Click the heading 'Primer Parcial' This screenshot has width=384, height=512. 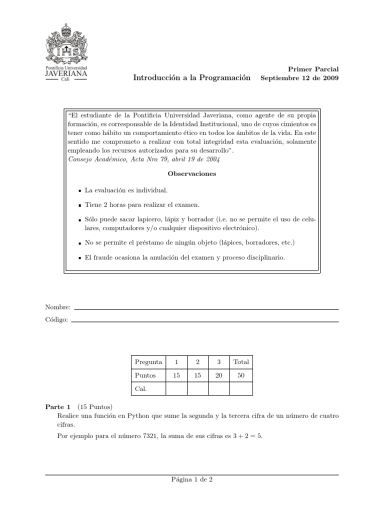click(313, 69)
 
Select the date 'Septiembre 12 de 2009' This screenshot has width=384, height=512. click(299, 78)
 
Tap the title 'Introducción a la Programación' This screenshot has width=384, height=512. click(191, 78)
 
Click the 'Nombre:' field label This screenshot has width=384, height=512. click(58, 307)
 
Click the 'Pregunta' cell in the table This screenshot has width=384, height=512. click(148, 362)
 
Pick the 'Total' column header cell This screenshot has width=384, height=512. click(241, 362)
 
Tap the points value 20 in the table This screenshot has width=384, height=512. click(218, 375)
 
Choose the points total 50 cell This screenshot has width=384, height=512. click(241, 375)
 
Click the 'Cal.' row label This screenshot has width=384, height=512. click(141, 388)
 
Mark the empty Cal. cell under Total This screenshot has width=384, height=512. click(241, 388)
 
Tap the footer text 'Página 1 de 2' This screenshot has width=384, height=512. click(192, 479)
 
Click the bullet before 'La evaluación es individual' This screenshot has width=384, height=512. click(80, 191)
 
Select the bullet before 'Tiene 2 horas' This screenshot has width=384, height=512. click(80, 205)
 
